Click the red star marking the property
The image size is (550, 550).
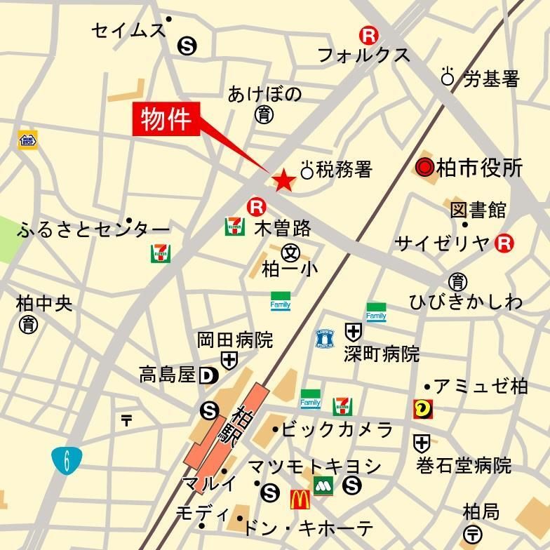(283, 181)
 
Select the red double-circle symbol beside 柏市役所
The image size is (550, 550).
(424, 168)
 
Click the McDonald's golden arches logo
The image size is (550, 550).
(300, 499)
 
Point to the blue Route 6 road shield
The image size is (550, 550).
(66, 461)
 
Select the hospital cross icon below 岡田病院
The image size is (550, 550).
(229, 361)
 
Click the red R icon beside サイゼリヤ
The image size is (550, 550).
(504, 243)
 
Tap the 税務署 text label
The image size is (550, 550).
(344, 169)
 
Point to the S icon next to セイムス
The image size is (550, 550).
(187, 46)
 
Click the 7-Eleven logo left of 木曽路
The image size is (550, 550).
(235, 227)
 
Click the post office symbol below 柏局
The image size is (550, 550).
(472, 533)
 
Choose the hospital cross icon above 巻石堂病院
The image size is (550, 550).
(422, 443)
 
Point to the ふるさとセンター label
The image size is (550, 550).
(94, 229)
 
